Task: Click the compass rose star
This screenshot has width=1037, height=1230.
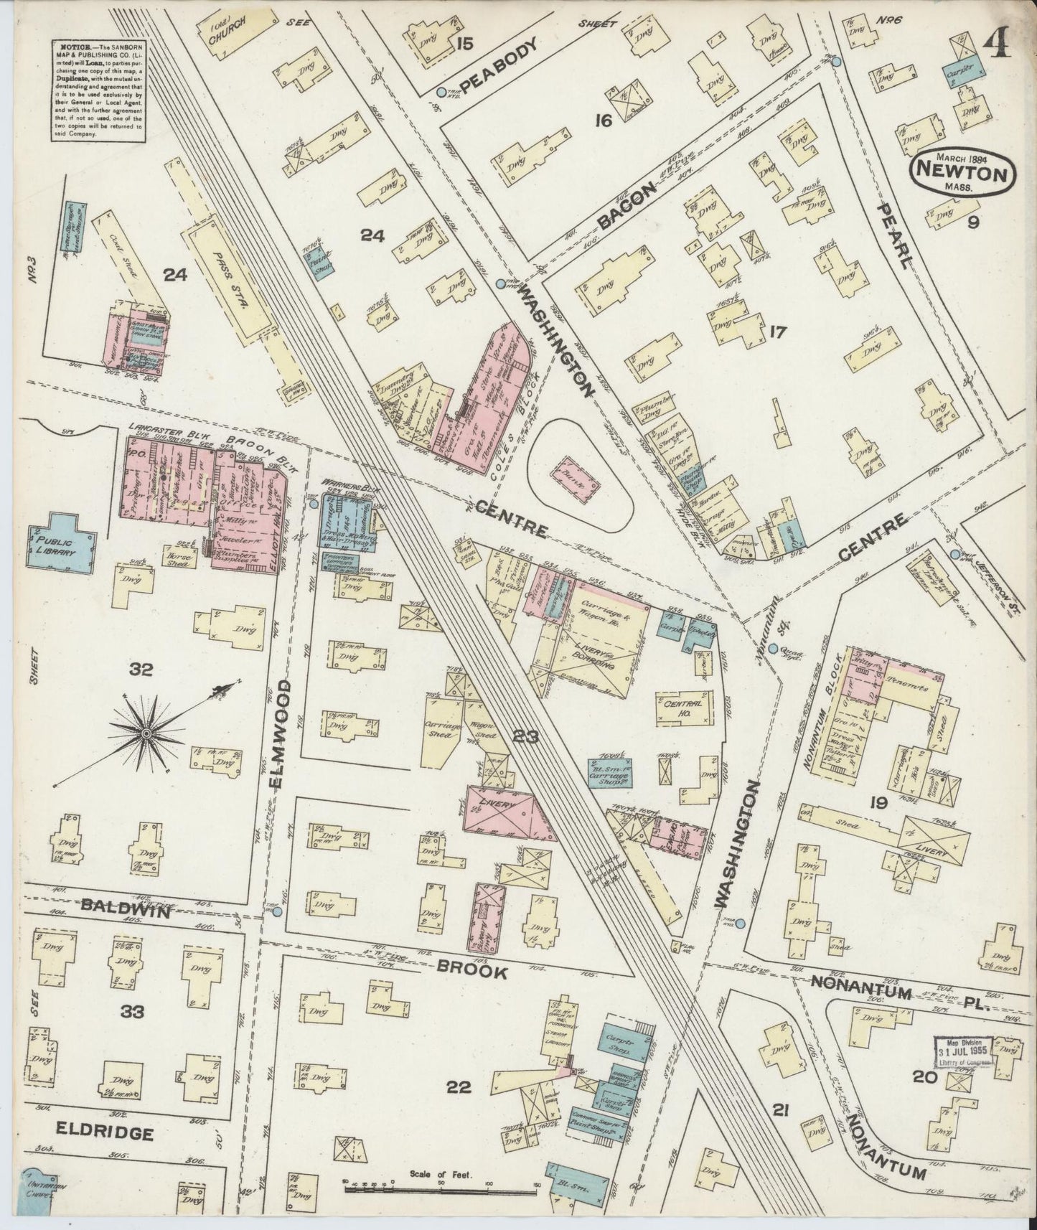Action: [x=146, y=733]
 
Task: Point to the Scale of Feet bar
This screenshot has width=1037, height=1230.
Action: [x=441, y=1188]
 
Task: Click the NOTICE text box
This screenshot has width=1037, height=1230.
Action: [x=96, y=90]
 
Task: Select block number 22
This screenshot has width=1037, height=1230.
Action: [x=459, y=1088]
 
